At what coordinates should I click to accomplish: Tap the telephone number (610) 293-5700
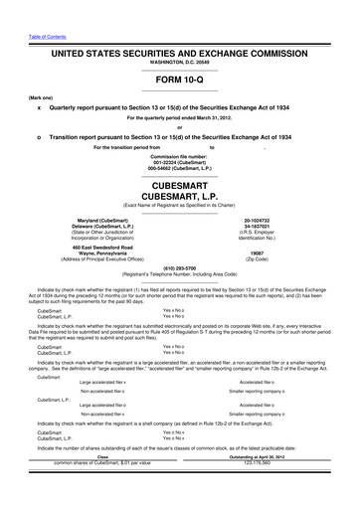[x=179, y=267]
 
